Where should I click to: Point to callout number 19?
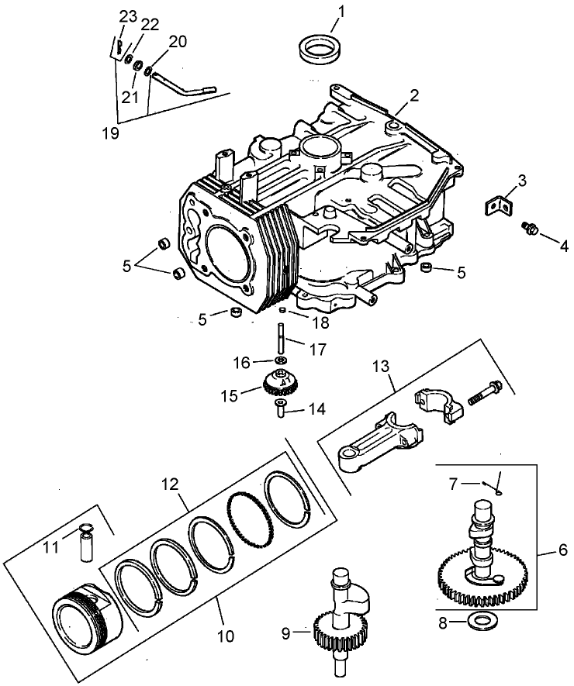110,133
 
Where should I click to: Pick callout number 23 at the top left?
126,16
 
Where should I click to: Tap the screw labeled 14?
281,408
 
